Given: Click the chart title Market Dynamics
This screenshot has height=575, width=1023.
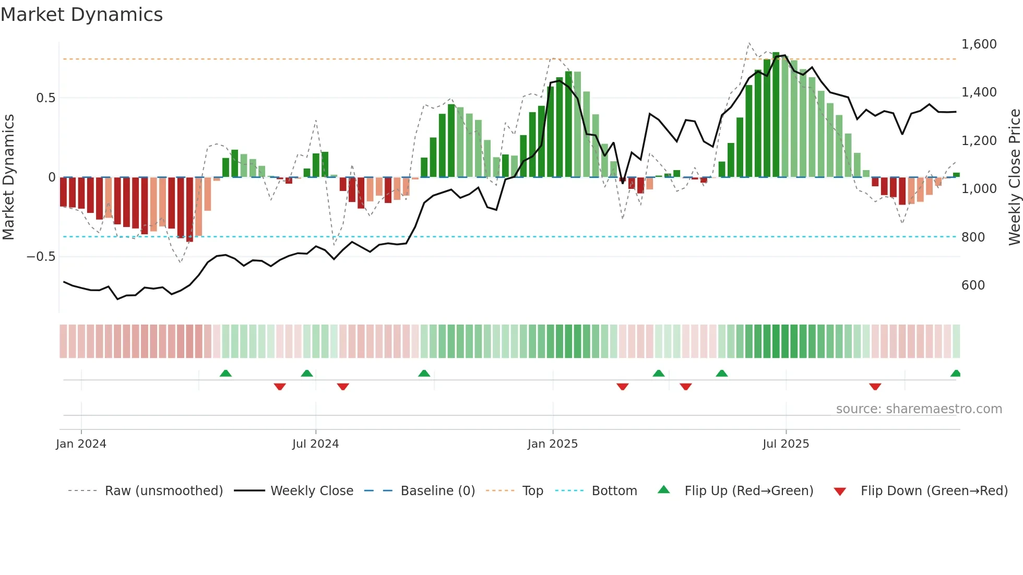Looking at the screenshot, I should click(82, 15).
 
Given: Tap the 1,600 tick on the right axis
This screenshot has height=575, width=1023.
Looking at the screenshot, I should click(979, 44).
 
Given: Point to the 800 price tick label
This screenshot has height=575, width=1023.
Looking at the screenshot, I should click(973, 237).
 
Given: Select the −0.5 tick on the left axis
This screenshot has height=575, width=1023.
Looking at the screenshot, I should click(41, 257).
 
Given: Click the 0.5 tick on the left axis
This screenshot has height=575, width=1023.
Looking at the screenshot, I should click(45, 98).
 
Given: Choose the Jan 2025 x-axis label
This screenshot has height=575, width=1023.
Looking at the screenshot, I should click(552, 444).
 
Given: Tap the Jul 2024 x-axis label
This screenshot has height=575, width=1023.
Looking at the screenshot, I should click(315, 444).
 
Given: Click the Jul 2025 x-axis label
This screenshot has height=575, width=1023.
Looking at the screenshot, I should click(786, 444).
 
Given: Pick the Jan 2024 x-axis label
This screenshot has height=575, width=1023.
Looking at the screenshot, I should click(81, 444).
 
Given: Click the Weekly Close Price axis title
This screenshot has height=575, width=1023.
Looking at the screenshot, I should click(1014, 177).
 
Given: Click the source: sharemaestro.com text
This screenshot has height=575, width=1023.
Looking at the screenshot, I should click(919, 409).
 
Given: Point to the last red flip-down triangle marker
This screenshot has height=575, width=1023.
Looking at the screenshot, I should click(875, 387).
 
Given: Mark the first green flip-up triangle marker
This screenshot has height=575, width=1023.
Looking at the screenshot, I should click(225, 374).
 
